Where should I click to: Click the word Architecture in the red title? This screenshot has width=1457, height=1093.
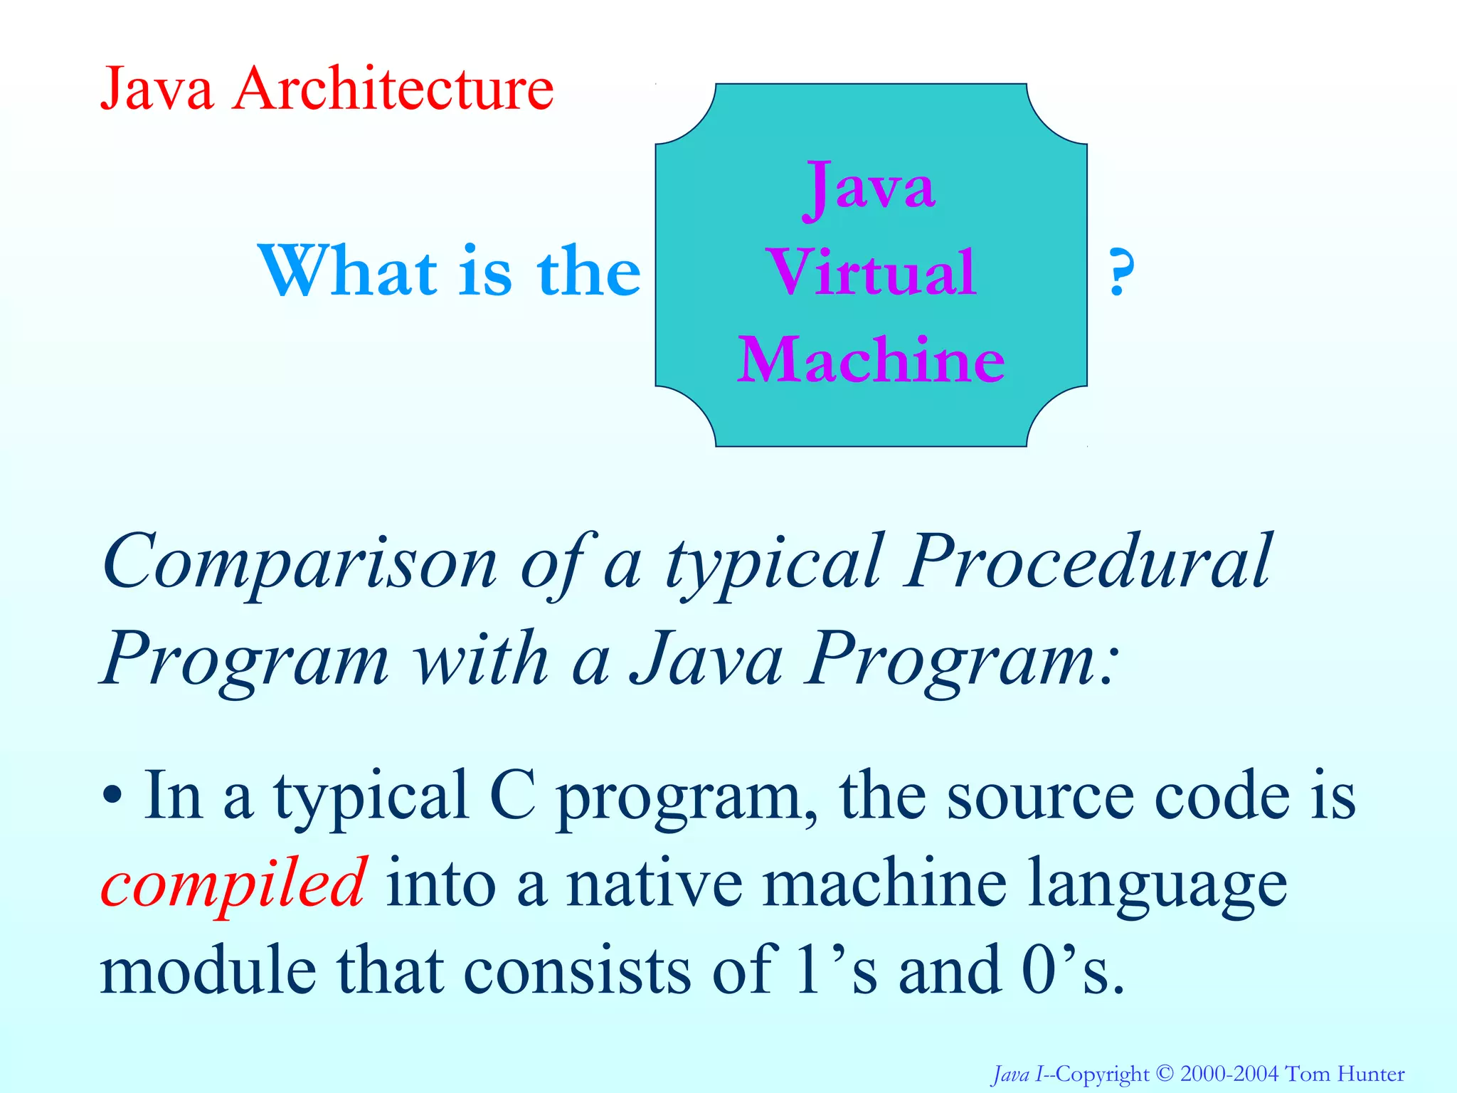tap(393, 90)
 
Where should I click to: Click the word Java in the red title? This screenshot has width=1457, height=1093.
tap(157, 90)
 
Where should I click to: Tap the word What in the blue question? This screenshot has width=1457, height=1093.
tap(349, 273)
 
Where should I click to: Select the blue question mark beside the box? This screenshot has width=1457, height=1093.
tap(1120, 273)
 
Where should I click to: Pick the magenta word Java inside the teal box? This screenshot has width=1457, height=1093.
tap(869, 186)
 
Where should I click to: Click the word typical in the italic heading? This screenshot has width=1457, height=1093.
tap(774, 566)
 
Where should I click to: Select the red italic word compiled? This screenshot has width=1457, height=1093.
tap(233, 885)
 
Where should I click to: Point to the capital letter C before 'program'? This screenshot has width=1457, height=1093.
tap(512, 796)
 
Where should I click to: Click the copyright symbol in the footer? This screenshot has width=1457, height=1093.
tap(1165, 1073)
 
